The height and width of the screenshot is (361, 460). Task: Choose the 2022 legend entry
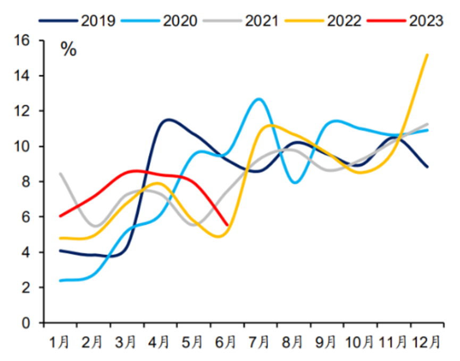coord(326,21)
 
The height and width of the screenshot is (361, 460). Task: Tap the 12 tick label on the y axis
coord(28,111)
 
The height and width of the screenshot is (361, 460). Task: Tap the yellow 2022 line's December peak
coord(428,55)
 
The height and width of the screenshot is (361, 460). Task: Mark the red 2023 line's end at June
coord(228,225)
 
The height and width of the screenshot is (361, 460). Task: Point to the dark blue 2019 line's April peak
coord(168,120)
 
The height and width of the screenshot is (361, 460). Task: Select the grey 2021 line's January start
coord(60,174)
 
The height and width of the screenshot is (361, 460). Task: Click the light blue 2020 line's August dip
coord(295,182)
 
